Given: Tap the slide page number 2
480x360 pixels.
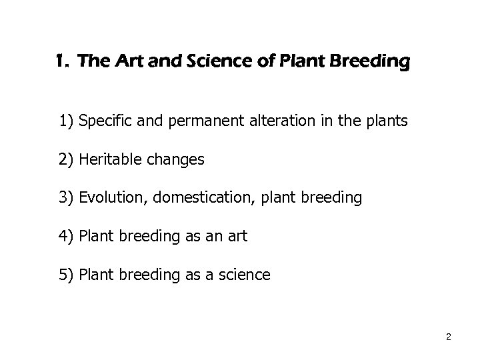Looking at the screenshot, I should (449, 337).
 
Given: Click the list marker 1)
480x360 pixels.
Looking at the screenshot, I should (66, 122).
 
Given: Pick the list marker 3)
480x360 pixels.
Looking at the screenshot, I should (66, 197).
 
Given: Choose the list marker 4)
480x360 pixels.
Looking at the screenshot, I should (66, 235).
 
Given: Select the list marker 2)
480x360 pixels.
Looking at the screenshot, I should (66, 160).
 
